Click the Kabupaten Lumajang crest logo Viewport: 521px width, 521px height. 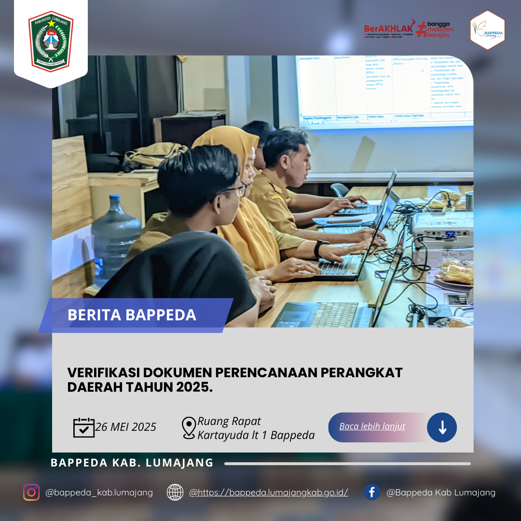coord(51,41)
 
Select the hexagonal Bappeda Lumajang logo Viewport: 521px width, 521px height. coord(487,30)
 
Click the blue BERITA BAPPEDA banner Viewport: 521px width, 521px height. coord(135,315)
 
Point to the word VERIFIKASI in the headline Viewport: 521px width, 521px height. coord(103,372)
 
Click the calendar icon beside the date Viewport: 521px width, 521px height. coord(83,427)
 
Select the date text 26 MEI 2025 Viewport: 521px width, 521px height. coord(126,427)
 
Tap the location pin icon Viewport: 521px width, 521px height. coord(189,428)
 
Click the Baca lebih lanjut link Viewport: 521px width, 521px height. coord(372,426)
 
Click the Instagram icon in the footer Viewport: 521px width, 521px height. coord(31,492)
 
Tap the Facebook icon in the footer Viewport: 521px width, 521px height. coord(372,492)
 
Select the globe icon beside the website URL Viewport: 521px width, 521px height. coord(175,492)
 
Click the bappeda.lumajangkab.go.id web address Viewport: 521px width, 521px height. coord(268,493)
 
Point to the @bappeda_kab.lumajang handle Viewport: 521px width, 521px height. coord(99,493)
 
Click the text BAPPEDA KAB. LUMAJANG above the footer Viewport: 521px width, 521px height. coord(132,463)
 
